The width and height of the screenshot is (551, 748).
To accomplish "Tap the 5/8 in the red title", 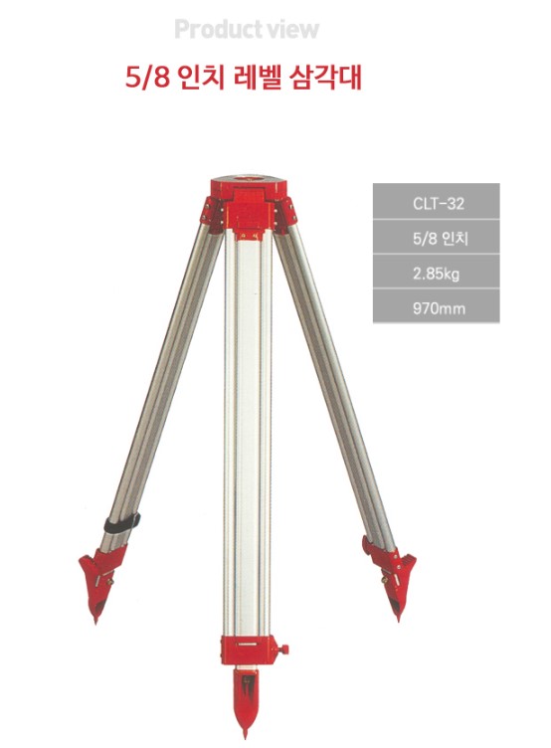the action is pos(148,78).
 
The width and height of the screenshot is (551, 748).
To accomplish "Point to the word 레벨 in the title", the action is pos(257,78).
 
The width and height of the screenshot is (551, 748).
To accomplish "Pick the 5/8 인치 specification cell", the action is pos(437,237).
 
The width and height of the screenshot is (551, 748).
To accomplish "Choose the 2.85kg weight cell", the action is pos(437,272).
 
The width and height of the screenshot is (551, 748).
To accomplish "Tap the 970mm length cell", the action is pos(437,306).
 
